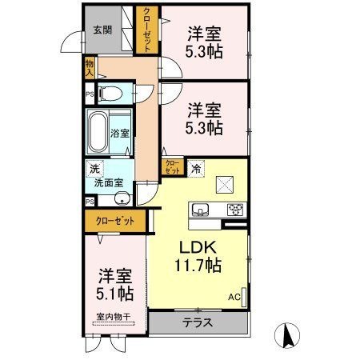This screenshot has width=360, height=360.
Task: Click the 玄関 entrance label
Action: point(102,30)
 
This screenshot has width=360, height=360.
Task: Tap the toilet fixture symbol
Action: point(110,94)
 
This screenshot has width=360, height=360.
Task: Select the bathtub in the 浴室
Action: point(98,132)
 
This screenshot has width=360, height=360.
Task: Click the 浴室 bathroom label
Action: point(120,134)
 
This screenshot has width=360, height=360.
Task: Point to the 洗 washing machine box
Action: point(94,169)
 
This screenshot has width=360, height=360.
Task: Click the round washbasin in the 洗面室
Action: point(122,198)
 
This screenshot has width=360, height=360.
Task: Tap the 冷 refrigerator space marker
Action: point(196,169)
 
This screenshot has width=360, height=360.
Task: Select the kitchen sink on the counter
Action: point(200,210)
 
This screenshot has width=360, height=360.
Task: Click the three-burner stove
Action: point(235,210)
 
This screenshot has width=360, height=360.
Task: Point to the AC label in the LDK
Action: point(234,297)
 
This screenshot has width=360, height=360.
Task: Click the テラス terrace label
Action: point(198,323)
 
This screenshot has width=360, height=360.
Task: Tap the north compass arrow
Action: point(287,335)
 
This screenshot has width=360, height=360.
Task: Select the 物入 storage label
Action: point(90,68)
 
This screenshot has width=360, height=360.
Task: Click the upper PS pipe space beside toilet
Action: point(90,94)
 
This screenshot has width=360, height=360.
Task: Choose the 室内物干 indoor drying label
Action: point(114,317)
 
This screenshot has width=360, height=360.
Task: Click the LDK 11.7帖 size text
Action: point(198,257)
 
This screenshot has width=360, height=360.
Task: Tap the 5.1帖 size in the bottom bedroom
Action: point(115,294)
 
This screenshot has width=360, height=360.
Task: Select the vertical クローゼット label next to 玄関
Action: point(147,30)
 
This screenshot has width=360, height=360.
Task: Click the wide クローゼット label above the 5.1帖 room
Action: point(115,221)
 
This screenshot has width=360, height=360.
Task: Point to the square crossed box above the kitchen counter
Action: point(225,185)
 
